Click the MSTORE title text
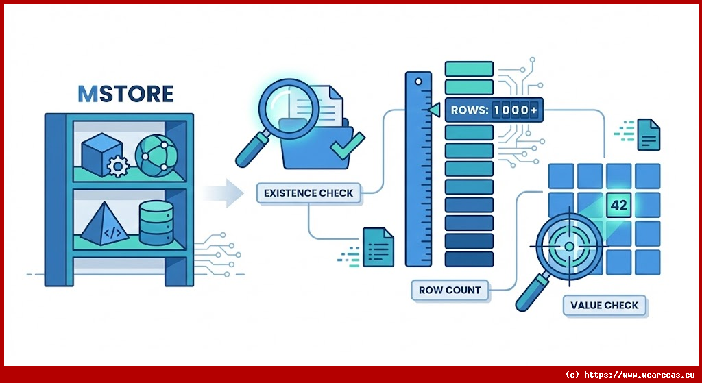125,93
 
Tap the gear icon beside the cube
119,166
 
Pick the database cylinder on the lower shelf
156,224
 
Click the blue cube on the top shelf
101,153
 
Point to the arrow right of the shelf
224,194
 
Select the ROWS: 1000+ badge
493,110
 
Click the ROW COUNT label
450,290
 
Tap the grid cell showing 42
618,204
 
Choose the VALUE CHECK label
604,305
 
